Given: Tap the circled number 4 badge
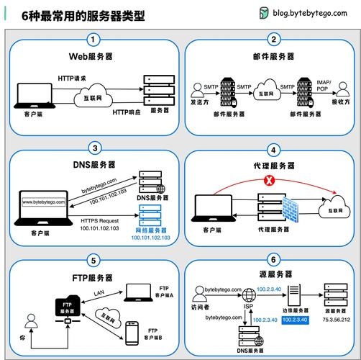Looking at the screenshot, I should [x=273, y=150].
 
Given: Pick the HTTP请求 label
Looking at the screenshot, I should [x=73, y=76].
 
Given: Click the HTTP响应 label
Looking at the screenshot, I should [x=128, y=112].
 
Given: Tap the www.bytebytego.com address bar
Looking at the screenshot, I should [x=45, y=202].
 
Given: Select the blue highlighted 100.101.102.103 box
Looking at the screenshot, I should [x=150, y=237].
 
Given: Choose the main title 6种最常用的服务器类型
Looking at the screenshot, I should [x=83, y=14].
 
